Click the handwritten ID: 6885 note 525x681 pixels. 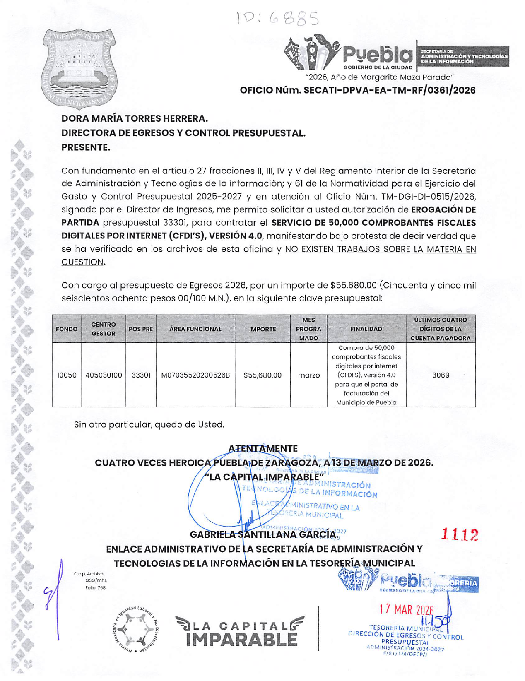click(277, 18)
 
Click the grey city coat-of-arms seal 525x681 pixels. click(79, 68)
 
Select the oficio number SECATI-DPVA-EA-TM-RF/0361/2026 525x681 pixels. click(358, 90)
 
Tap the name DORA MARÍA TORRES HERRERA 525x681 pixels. click(135, 119)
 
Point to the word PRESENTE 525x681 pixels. click(86, 147)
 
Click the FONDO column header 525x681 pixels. click(67, 329)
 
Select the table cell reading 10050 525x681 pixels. click(67, 375)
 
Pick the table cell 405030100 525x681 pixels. click(104, 375)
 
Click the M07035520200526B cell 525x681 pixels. click(195, 375)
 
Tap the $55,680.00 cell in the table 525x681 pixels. click(262, 375)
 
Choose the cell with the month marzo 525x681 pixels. click(309, 375)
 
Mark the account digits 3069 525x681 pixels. click(441, 375)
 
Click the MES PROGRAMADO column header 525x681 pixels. click(308, 329)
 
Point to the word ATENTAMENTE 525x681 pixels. click(263, 448)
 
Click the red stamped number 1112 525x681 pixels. click(460, 535)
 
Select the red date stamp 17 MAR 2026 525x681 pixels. click(406, 609)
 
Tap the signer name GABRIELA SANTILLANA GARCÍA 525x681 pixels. click(264, 534)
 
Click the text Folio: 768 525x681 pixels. click(95, 587)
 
